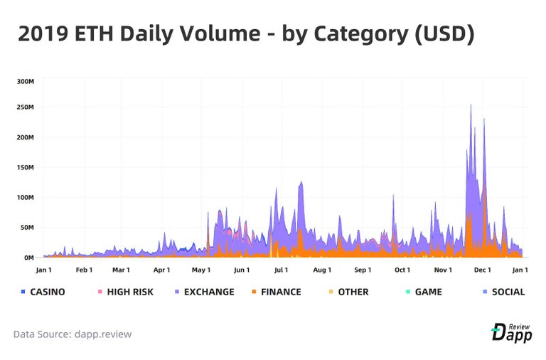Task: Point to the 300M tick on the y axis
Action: coord(25,81)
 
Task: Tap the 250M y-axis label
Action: coord(25,107)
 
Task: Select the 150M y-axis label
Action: coord(25,167)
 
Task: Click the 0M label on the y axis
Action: coord(28,258)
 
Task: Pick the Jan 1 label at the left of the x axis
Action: coord(44,270)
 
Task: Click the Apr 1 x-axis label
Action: coord(162,270)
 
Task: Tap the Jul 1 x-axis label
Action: coord(281,270)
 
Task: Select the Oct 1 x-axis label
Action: coord(402,270)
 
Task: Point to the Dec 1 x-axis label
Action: coord(483,270)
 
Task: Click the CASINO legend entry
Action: coord(43,292)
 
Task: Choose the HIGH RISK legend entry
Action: coord(125,292)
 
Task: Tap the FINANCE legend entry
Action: coord(276,292)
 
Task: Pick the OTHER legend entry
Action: coord(348,292)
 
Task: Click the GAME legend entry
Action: coord(424,292)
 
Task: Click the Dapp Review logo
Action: coord(511,332)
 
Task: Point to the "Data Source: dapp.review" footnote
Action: coord(73,334)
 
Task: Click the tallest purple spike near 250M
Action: coord(471,106)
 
